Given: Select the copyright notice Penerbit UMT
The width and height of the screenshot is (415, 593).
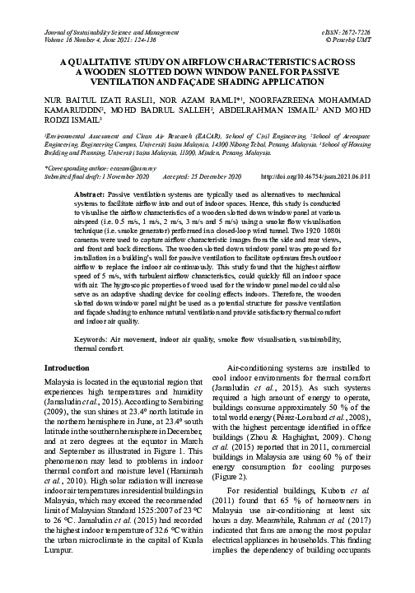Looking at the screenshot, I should click(x=371, y=38).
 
